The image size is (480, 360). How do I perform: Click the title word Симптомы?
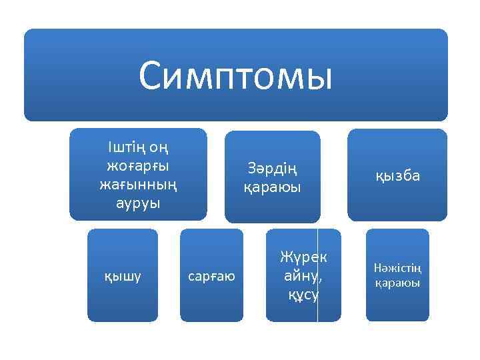(235, 75)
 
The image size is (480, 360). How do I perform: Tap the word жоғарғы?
(138, 164)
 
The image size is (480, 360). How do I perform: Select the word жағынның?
(138, 183)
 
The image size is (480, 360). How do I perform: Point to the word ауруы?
(138, 201)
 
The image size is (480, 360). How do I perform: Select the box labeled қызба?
(397, 175)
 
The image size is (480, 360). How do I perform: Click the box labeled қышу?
(123, 275)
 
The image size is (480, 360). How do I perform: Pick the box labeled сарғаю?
(211, 275)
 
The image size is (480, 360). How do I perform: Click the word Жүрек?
(303, 257)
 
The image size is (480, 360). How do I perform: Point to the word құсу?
(303, 294)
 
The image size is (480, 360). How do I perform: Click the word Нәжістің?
(397, 268)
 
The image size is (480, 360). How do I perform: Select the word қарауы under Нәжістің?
(397, 283)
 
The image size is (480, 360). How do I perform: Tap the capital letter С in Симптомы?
(151, 75)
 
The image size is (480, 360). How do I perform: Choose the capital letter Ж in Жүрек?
(287, 257)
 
